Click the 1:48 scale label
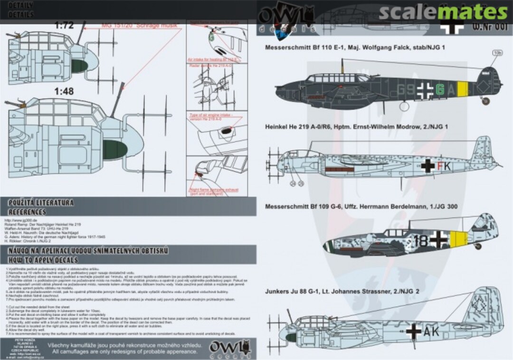coord(64,92)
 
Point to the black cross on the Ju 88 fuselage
coord(413,332)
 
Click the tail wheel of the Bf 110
coord(484,101)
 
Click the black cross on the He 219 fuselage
coord(428,165)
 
